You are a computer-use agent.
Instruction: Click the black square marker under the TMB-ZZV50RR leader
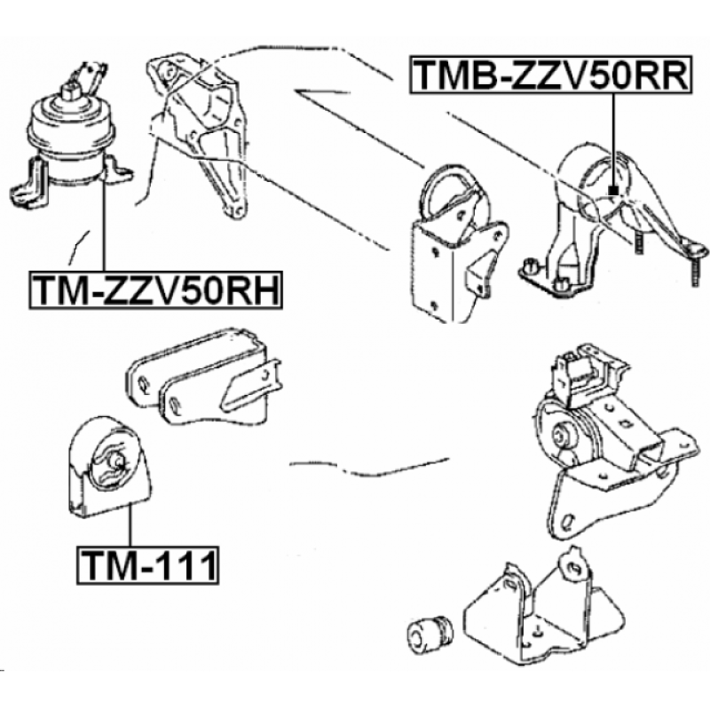(x=613, y=190)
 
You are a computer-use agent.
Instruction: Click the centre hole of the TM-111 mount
(x=116, y=461)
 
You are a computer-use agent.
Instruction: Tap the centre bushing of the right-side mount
(x=562, y=434)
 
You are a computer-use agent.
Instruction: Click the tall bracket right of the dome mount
(x=200, y=133)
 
